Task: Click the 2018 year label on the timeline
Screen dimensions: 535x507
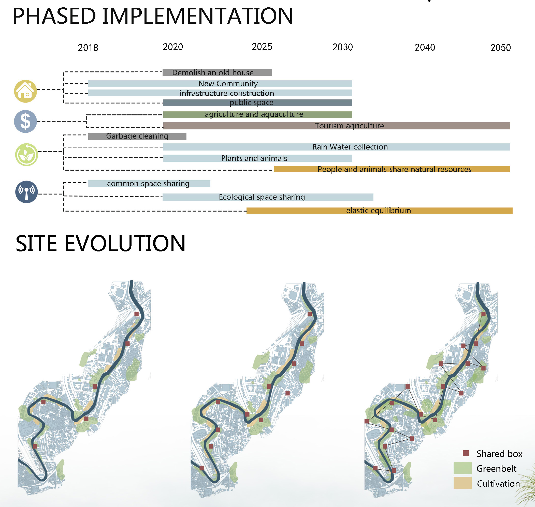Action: [88, 48]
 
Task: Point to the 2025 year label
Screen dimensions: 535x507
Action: [262, 47]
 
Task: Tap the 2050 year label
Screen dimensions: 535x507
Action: [501, 48]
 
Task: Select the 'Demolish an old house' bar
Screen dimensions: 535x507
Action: [217, 72]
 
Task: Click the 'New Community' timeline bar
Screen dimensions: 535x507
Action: [220, 83]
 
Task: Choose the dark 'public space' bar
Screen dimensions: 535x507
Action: [257, 103]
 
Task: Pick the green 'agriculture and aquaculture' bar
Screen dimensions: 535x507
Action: [258, 115]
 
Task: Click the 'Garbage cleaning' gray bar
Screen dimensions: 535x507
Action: [137, 136]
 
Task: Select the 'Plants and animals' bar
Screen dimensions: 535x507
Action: [258, 158]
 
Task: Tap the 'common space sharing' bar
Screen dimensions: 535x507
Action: [149, 184]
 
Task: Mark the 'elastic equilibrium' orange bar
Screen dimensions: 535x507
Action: [380, 211]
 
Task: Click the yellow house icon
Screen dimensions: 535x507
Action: [25, 91]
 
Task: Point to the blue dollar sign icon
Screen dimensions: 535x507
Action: [25, 121]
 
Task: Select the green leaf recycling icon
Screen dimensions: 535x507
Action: [26, 155]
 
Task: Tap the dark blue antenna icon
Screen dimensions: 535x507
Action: [26, 192]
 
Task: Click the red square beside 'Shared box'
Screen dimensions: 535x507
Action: [466, 453]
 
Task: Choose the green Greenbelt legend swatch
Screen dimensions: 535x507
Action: [462, 468]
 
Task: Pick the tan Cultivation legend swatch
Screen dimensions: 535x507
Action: [462, 483]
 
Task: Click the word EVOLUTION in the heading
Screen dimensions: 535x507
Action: [125, 243]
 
